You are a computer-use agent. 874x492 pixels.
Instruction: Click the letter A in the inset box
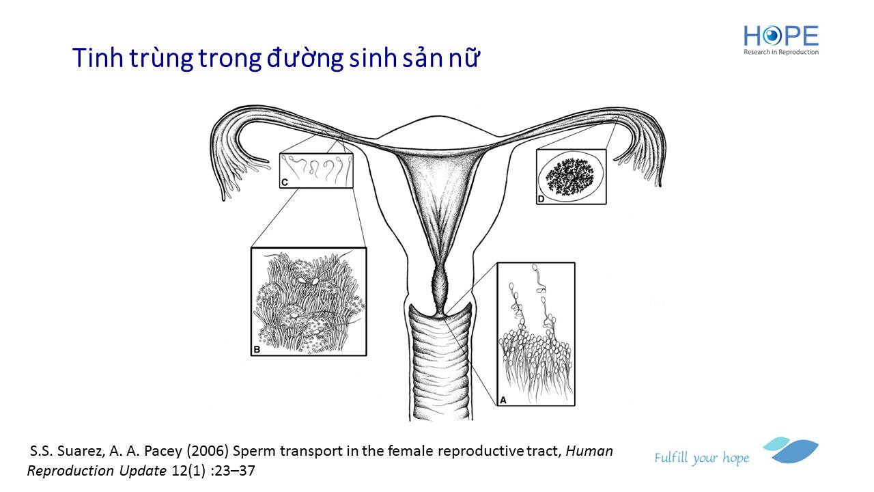[x=503, y=400]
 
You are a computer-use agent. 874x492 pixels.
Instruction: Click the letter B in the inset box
[x=257, y=349]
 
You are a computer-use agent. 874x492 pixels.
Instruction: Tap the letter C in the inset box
[x=285, y=182]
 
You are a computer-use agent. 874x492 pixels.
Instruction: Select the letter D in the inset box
[x=541, y=199]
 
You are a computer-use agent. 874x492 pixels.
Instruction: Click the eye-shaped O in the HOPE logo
[x=772, y=36]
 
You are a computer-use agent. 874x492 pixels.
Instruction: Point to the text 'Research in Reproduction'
[x=781, y=52]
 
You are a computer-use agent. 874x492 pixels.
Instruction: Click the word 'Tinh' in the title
[x=98, y=58]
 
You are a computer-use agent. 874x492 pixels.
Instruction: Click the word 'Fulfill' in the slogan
[x=671, y=458]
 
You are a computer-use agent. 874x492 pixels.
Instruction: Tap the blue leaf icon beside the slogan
[x=791, y=450]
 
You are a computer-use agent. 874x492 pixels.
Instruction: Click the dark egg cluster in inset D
[x=570, y=177]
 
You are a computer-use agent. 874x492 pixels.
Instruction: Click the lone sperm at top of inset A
[x=539, y=278]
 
